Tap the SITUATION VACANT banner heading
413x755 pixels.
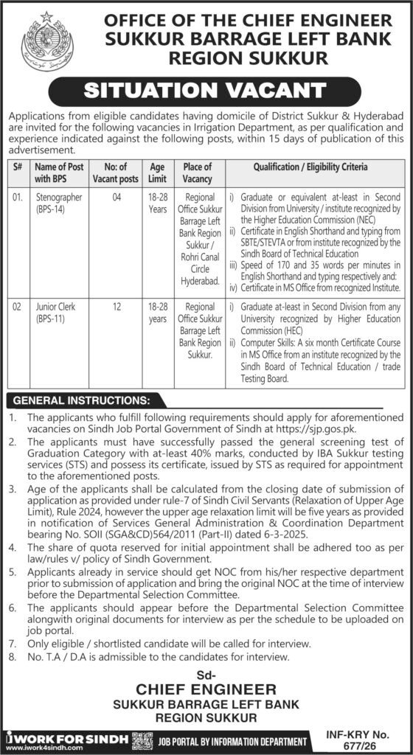pyautogui.click(x=206, y=91)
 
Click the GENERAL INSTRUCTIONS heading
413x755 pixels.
pyautogui.click(x=81, y=400)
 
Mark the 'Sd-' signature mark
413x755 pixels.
pyautogui.click(x=206, y=672)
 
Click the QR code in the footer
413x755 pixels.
pyautogui.click(x=142, y=740)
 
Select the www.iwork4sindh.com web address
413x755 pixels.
pyautogui.click(x=42, y=747)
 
